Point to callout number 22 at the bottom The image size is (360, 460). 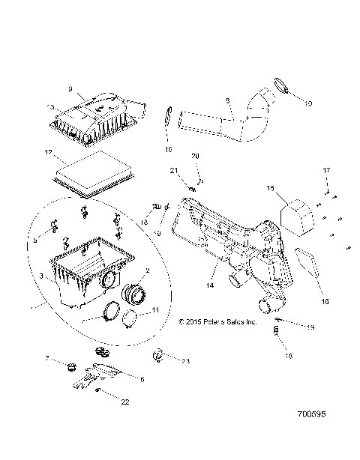(x=124, y=402)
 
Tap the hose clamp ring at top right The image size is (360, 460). (x=281, y=88)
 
